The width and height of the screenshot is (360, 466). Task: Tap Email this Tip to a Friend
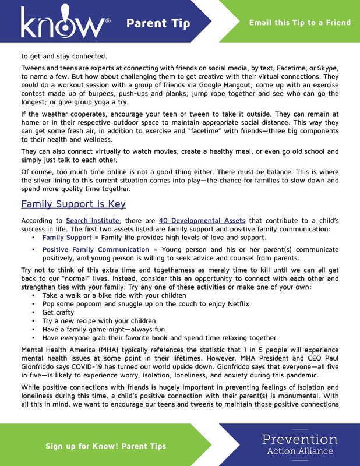coord(300,23)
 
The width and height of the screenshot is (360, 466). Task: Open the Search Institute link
coord(93,221)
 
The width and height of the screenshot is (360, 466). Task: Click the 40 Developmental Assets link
coord(202,221)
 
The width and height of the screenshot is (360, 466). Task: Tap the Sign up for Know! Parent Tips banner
coord(106,446)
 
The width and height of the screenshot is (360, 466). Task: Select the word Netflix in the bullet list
coord(235,304)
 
